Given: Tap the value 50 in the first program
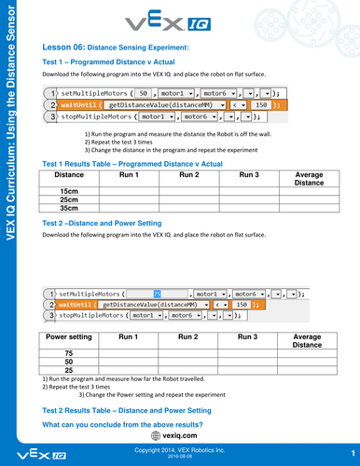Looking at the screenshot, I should coord(144,94).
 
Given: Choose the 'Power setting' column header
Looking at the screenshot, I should coord(69,336).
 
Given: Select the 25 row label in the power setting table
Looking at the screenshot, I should coord(69,371).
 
